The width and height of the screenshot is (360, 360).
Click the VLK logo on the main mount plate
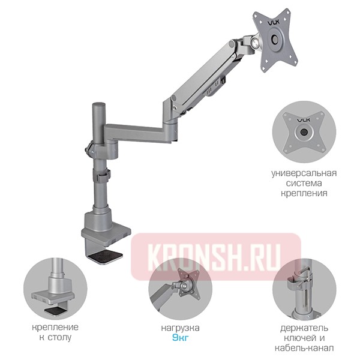[x=274, y=23]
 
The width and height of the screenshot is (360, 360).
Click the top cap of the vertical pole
[x=99, y=104]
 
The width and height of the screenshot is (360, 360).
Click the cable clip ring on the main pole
[x=103, y=176]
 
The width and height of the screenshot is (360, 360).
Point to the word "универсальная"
[x=304, y=173]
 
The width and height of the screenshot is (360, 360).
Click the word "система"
[x=304, y=183]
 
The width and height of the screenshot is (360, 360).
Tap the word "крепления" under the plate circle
[x=304, y=193]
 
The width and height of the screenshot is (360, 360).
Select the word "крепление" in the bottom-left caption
[x=55, y=328]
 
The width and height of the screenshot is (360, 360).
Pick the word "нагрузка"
[x=180, y=328]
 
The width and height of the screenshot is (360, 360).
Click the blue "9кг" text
[x=180, y=338]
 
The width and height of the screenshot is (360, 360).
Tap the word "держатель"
[x=304, y=328]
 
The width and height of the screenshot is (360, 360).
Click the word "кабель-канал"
[x=304, y=348]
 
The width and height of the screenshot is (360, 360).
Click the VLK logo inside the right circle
[x=304, y=120]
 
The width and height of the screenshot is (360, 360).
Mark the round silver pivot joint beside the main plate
[x=254, y=42]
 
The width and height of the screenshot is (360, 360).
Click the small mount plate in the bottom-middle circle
[x=189, y=286]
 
